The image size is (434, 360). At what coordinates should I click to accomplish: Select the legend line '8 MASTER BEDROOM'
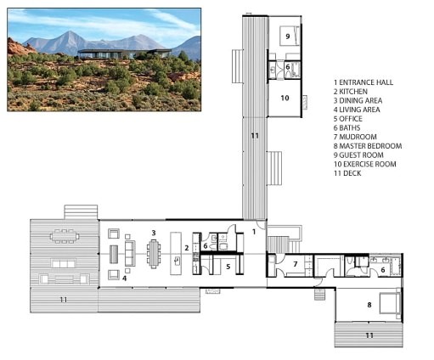tap(368, 146)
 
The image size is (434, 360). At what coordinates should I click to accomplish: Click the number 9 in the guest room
tap(288, 37)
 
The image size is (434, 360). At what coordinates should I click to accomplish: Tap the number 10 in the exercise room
tap(285, 98)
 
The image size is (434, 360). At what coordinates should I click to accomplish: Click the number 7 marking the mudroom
tap(295, 264)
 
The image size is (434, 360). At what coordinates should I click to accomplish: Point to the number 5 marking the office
tap(228, 266)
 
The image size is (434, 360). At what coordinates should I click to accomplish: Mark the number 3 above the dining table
tap(153, 232)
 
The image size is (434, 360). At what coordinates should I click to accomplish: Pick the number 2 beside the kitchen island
tap(186, 249)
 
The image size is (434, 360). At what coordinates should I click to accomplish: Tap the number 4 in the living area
tap(124, 277)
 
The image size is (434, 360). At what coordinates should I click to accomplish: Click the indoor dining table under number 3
tap(154, 252)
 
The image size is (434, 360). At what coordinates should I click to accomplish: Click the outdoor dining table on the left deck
tap(65, 233)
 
